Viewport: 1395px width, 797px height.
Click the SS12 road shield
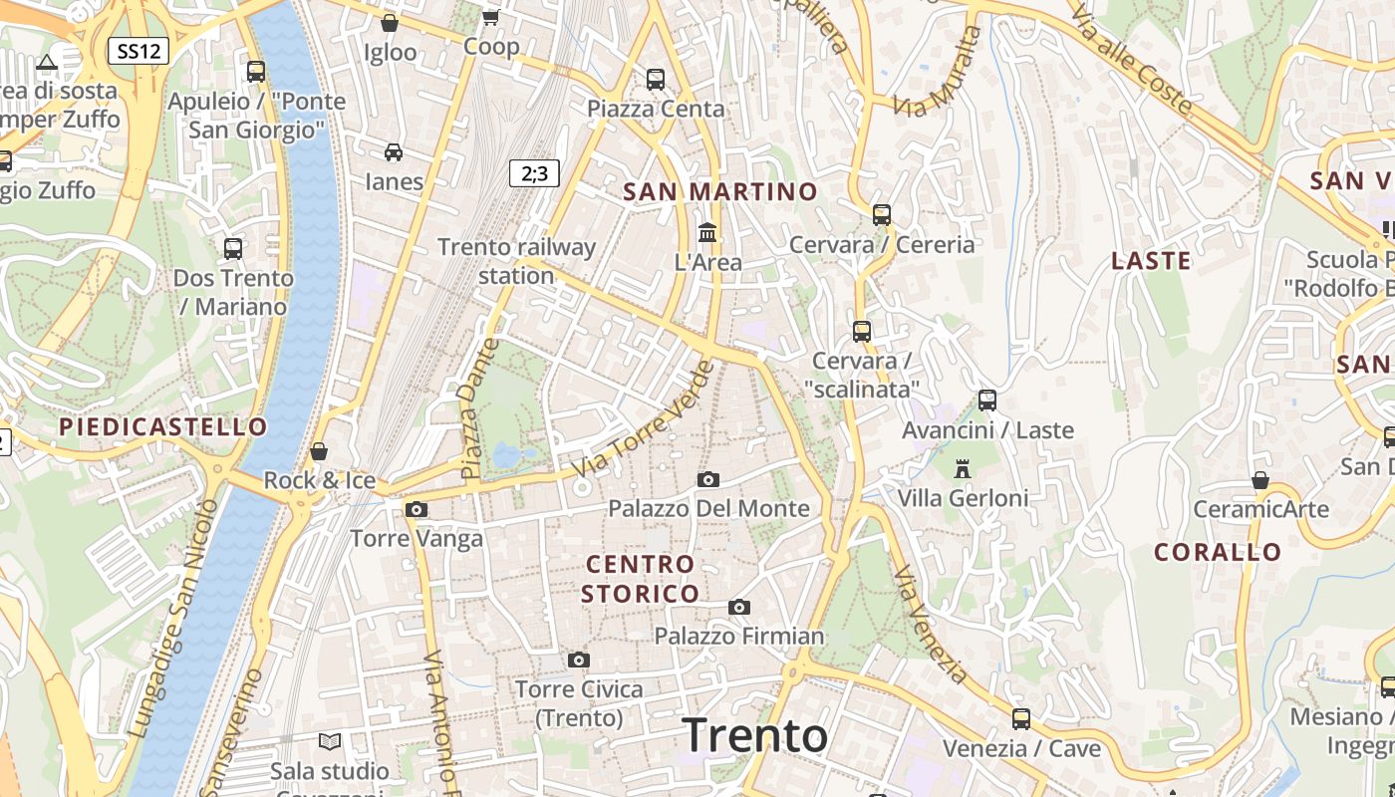138,51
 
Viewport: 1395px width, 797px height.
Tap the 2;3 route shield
534,173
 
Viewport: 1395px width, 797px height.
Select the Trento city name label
755,735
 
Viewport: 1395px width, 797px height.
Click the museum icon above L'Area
707,232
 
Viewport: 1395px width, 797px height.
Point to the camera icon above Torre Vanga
417,510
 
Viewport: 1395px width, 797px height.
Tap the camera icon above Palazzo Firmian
738,607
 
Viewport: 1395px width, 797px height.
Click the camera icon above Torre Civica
578,660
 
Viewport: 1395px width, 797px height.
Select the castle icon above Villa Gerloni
963,468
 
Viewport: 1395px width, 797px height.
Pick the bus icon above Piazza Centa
655,79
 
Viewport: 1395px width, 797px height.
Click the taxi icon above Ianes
394,152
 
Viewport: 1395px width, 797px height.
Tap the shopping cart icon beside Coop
490,17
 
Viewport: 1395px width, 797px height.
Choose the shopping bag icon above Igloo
390,23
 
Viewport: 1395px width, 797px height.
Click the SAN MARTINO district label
719,191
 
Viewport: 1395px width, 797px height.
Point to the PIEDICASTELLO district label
163,427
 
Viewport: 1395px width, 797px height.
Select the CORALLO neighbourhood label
1218,552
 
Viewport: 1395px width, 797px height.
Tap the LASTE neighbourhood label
1151,261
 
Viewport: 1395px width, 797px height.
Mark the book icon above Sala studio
329,741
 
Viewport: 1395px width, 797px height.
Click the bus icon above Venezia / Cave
1021,718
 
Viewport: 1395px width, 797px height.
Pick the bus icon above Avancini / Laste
987,400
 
